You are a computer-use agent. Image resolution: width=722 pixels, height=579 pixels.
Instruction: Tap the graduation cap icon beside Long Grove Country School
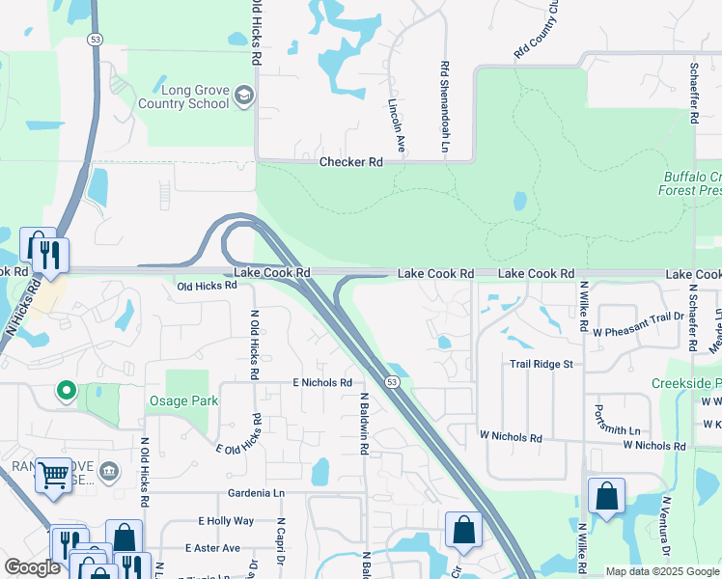pyautogui.click(x=244, y=95)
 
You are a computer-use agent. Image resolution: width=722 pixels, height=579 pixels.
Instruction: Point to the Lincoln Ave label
pyautogui.click(x=394, y=124)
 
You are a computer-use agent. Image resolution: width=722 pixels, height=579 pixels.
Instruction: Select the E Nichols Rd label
pyautogui.click(x=322, y=383)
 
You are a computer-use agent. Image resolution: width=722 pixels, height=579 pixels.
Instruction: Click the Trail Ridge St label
pyautogui.click(x=541, y=364)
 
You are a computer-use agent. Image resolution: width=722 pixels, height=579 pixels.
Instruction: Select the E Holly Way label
pyautogui.click(x=226, y=521)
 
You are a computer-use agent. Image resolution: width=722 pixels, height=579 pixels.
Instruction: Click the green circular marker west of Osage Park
pyautogui.click(x=66, y=391)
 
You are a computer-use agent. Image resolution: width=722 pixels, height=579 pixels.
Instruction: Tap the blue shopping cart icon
pyautogui.click(x=53, y=474)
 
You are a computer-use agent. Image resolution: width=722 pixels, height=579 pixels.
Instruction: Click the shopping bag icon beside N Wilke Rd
pyautogui.click(x=606, y=496)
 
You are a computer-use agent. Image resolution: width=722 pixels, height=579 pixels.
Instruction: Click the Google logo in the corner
pyautogui.click(x=33, y=567)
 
